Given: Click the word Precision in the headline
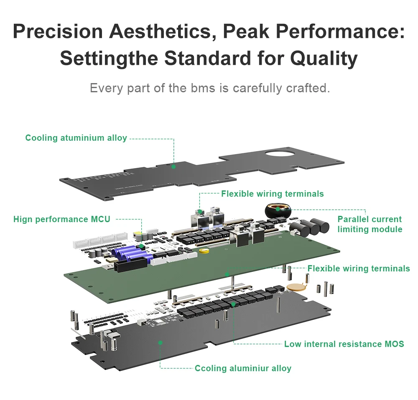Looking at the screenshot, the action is click(x=58, y=31).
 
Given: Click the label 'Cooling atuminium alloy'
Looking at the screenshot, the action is click(x=76, y=138).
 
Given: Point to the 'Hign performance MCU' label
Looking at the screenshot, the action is click(x=62, y=219).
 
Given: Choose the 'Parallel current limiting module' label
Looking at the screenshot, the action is click(x=370, y=224).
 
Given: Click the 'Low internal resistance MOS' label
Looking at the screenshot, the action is click(x=344, y=344).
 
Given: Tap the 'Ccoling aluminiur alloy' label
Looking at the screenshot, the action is click(x=243, y=368).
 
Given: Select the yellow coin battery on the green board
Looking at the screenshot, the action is click(x=204, y=251).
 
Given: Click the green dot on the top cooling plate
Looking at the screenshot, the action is click(x=173, y=167).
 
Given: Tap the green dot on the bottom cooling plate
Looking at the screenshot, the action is click(x=160, y=343).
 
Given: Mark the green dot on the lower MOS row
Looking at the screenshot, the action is click(x=233, y=304).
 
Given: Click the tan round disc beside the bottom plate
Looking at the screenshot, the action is click(x=295, y=286).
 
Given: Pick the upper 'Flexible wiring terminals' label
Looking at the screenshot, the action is click(x=273, y=194).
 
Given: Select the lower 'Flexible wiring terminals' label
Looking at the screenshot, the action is click(x=359, y=268).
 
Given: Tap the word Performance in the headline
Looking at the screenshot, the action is click(x=340, y=31).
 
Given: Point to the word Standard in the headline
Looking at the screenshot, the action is click(x=207, y=58).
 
